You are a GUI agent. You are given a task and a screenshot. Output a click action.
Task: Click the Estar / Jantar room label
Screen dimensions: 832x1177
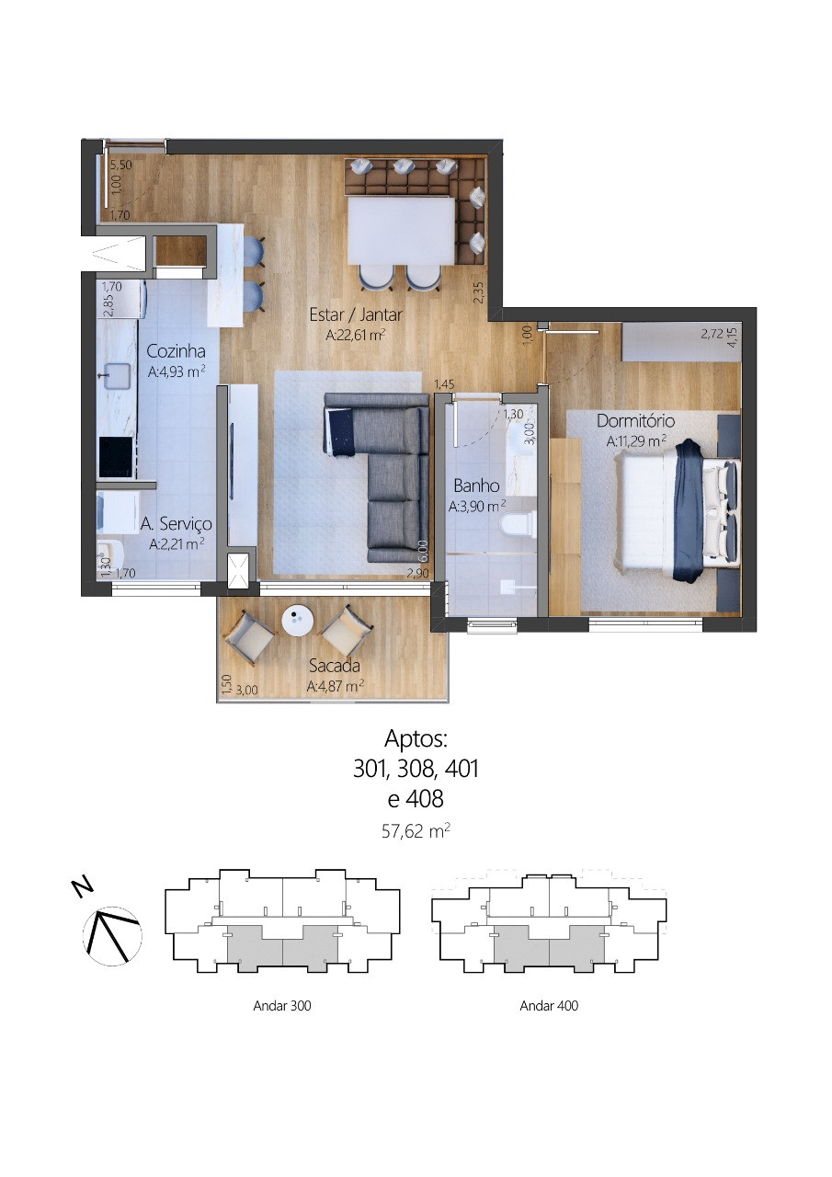[x=356, y=314]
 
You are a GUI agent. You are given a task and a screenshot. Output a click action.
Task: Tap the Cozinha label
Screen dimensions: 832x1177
[x=176, y=351]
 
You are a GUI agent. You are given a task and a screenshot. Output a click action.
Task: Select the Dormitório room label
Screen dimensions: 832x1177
[x=635, y=421]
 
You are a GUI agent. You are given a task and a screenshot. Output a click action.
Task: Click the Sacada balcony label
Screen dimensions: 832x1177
[x=334, y=666]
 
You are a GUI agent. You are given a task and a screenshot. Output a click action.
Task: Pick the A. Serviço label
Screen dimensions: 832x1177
[x=176, y=523]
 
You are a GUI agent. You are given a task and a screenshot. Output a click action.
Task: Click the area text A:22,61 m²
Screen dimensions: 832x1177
[x=356, y=335]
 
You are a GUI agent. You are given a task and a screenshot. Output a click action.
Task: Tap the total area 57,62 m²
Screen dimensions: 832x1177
[x=416, y=832]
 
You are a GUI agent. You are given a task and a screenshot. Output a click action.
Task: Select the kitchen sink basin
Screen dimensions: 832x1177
[x=118, y=374]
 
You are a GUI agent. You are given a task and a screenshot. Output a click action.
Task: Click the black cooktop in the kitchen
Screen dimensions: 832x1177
[x=116, y=456]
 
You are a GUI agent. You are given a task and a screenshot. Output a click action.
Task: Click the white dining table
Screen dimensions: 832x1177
[x=402, y=231]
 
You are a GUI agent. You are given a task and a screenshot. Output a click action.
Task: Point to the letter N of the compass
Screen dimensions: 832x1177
[x=82, y=886]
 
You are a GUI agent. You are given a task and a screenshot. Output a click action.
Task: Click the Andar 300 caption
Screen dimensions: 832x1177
[x=282, y=1006]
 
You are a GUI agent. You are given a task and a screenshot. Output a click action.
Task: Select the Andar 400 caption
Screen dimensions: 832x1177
[x=549, y=1006]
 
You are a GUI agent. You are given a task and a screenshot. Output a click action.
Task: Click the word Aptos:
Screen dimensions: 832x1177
[x=416, y=738]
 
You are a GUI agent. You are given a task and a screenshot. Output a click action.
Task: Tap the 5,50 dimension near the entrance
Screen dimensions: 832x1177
[x=120, y=165]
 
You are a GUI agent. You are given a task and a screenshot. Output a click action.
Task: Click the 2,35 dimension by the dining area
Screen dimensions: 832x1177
[x=478, y=292]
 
